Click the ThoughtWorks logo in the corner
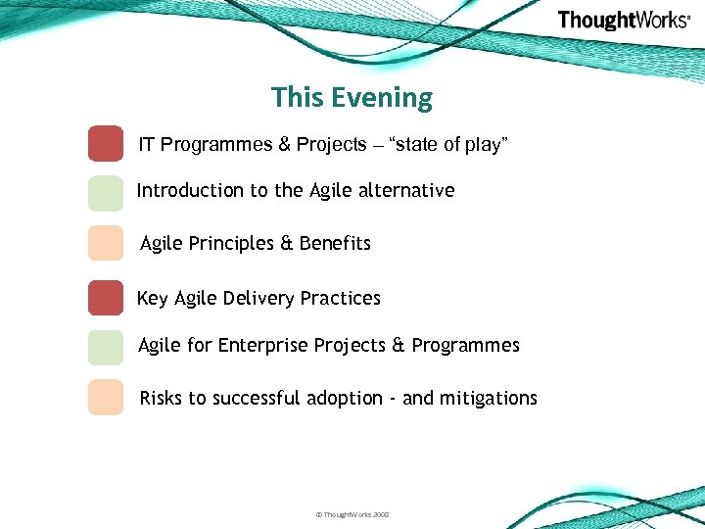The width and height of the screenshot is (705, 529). click(x=624, y=21)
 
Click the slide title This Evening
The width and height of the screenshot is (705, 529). click(x=352, y=98)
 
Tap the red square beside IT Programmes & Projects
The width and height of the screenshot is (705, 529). click(x=106, y=143)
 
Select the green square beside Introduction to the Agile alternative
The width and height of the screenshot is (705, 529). click(x=106, y=193)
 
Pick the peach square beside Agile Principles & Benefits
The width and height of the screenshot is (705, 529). click(x=106, y=243)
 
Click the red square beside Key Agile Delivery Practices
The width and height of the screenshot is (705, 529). click(x=106, y=298)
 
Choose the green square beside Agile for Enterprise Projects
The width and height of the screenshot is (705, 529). click(x=106, y=347)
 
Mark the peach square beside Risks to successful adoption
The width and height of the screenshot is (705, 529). click(x=106, y=397)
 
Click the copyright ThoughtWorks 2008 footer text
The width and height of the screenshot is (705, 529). click(x=352, y=514)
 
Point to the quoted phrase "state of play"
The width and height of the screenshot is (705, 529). click(x=448, y=145)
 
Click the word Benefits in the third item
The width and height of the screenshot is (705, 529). click(x=335, y=244)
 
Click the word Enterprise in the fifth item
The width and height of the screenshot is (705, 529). click(x=262, y=346)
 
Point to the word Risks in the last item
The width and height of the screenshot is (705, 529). click(x=161, y=398)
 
